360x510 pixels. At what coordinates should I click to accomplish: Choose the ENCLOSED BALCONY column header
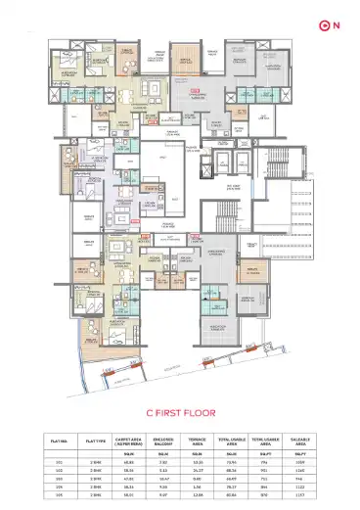pos(162,440)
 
